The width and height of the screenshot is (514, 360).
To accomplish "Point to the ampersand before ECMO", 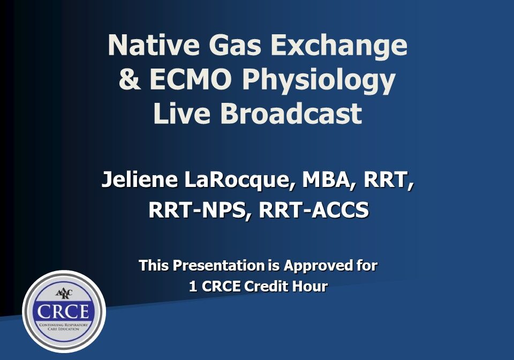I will pyautogui.click(x=128, y=80).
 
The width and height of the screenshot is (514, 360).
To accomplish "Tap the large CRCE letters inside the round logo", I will pyautogui.click(x=64, y=312).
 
